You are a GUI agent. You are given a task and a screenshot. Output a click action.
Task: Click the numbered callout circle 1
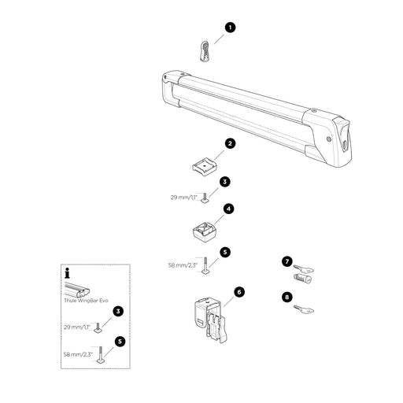(230, 28)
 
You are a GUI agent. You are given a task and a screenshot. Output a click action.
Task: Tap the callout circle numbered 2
(230, 143)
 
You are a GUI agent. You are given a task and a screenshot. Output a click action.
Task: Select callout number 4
(229, 209)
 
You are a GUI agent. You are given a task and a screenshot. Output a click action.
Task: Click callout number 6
(239, 292)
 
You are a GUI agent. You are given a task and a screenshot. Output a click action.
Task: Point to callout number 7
(287, 261)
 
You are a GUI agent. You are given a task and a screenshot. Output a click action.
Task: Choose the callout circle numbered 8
(287, 297)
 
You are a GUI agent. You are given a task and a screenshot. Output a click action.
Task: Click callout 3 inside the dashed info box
(118, 312)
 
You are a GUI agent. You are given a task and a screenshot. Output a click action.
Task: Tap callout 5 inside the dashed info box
(120, 342)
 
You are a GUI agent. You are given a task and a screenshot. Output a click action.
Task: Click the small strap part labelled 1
(205, 50)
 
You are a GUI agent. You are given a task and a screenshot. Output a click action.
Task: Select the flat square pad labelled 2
(205, 166)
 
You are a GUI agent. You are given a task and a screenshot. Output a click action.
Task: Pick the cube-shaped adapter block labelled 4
(206, 231)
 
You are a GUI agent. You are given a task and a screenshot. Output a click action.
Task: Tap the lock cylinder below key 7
(302, 278)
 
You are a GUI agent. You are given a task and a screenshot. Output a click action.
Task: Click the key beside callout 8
(304, 309)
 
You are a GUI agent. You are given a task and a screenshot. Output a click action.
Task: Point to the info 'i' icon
(68, 273)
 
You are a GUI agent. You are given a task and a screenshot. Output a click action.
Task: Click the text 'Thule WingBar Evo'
(86, 301)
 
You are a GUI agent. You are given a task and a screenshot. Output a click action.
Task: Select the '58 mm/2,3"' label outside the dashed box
(183, 265)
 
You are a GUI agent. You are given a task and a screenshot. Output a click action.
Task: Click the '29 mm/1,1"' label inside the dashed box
(77, 327)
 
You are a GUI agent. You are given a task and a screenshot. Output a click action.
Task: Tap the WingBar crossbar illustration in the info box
(77, 290)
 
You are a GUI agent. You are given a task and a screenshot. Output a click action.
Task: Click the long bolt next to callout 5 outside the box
(205, 265)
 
